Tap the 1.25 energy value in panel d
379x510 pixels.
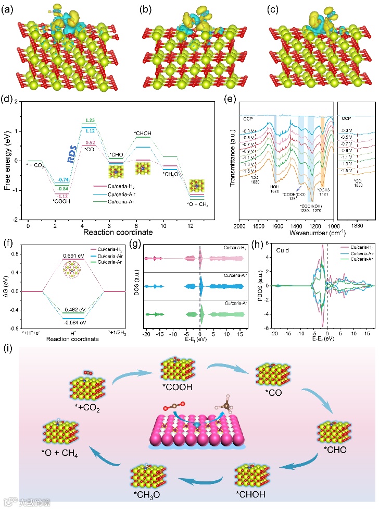click(x=74, y=120)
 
